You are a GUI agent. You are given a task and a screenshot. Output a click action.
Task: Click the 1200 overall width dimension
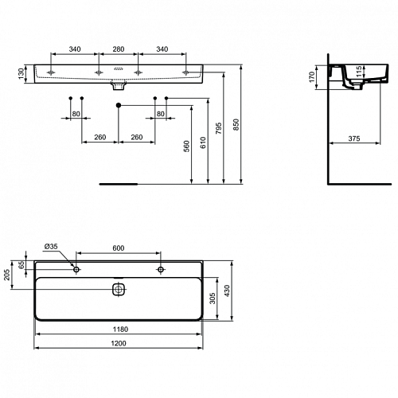119,343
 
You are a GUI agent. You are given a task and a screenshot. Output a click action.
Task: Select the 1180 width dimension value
120,330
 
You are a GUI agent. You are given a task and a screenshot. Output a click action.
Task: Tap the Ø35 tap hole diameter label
51,247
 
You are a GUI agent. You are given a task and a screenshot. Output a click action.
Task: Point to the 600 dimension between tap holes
119,248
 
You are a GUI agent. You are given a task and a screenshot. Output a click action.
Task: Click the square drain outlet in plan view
119,289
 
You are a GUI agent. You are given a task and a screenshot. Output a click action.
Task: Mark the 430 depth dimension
227,291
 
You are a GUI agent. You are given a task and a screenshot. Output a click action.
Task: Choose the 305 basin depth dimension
213,298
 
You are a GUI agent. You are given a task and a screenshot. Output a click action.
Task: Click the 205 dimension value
7,275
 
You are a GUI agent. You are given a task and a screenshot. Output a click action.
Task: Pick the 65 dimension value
21,265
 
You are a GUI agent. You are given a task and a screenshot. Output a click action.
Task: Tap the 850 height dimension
236,125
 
